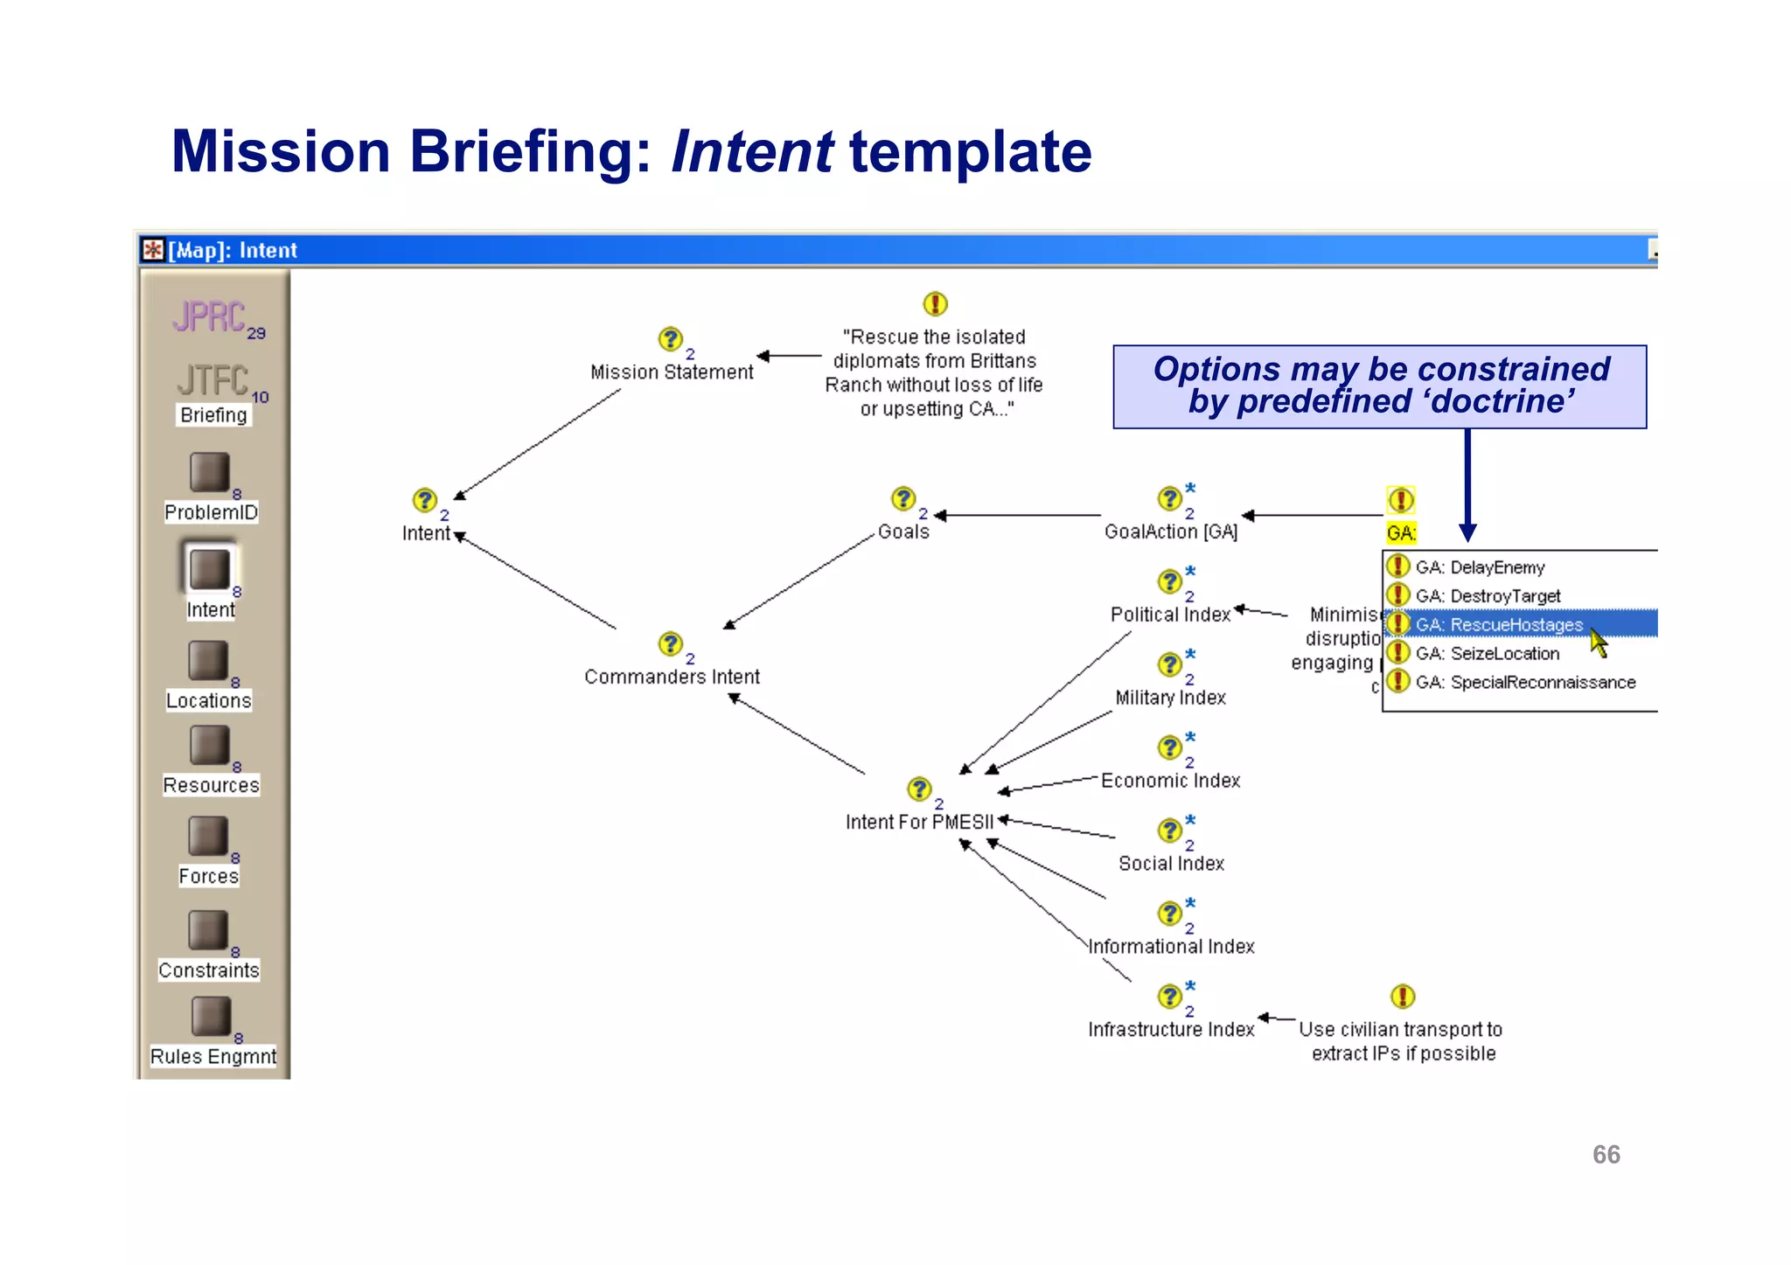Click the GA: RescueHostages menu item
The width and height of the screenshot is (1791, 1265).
click(x=1498, y=624)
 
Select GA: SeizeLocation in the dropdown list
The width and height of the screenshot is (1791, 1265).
click(x=1487, y=653)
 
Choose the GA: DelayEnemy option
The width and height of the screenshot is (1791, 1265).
click(x=1480, y=567)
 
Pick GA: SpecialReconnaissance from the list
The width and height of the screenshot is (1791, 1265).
click(x=1524, y=682)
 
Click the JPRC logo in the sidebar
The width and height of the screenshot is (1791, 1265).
click(x=210, y=316)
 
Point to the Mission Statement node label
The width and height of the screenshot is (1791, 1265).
click(x=671, y=372)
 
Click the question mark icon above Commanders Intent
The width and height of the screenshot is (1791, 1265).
click(x=671, y=644)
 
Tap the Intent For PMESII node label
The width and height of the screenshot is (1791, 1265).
click(x=919, y=822)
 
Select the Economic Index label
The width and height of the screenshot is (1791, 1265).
click(x=1170, y=781)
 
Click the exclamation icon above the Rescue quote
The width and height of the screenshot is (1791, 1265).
click(x=935, y=303)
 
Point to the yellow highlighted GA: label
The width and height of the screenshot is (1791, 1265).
click(x=1400, y=533)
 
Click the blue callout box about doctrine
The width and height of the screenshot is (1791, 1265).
click(x=1379, y=386)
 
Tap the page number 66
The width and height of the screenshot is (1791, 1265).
click(x=1606, y=1155)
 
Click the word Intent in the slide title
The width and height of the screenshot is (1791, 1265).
click(x=751, y=151)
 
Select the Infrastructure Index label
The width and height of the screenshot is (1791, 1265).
click(x=1170, y=1030)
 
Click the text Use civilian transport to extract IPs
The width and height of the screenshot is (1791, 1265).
click(x=1402, y=1041)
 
